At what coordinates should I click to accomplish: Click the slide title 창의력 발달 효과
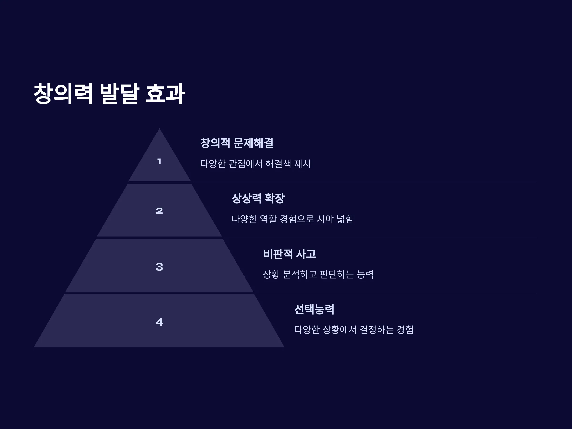[109, 94]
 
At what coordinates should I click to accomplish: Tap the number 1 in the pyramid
[159, 162]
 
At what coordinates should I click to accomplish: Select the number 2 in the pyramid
[159, 211]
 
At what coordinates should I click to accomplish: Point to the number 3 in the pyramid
[159, 267]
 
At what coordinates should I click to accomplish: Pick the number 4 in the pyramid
[159, 322]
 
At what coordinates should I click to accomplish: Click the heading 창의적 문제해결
[237, 143]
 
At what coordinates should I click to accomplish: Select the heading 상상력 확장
[258, 198]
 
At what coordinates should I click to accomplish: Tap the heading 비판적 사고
[290, 254]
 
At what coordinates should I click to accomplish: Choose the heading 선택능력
[314, 309]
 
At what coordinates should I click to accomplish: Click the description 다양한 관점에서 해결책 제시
[255, 164]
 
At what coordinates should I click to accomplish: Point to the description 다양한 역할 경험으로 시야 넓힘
[292, 219]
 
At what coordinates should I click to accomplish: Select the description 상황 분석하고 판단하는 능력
[318, 274]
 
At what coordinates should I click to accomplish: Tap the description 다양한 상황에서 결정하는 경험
[354, 330]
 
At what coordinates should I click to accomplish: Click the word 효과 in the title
[165, 94]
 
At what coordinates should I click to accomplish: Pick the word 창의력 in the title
[63, 94]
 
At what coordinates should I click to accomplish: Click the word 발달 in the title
[119, 94]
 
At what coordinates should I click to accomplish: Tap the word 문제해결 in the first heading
[253, 143]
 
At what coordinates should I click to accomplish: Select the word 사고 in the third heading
[306, 254]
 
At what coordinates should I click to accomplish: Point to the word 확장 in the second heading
[275, 198]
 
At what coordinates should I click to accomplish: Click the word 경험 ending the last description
[405, 330]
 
